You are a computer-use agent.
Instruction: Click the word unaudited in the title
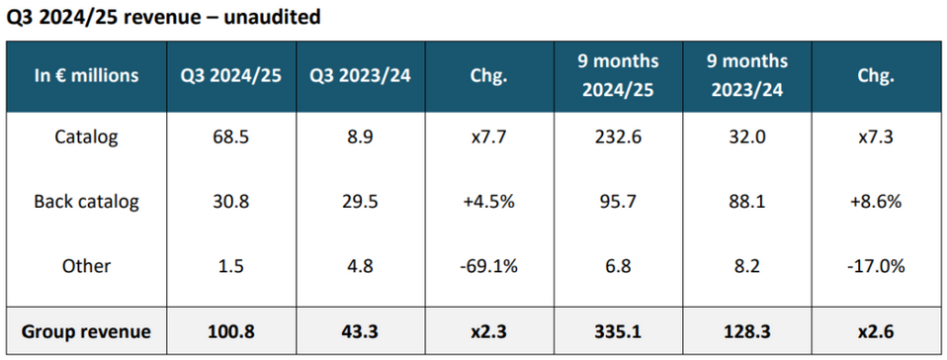[272, 18]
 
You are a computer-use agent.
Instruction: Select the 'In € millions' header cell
[86, 75]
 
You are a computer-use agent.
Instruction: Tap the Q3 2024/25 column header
[232, 75]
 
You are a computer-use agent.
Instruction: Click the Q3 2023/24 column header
[361, 75]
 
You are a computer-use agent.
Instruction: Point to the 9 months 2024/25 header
[619, 75]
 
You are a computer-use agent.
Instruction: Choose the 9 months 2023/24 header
[747, 75]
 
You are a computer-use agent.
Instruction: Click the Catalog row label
[86, 136]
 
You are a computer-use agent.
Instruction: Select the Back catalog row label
[86, 201]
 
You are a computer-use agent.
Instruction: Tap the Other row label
[86, 266]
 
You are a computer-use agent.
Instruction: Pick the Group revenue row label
[86, 331]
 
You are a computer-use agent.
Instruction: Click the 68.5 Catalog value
[232, 136]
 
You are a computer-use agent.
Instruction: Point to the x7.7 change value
[489, 136]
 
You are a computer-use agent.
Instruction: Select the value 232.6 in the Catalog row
[619, 136]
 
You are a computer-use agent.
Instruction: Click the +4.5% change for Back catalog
[489, 201]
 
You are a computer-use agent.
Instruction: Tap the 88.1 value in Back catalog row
[747, 201]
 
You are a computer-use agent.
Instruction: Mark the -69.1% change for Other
[489, 266]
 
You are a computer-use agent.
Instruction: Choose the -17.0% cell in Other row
[877, 266]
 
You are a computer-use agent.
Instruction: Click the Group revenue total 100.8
[232, 331]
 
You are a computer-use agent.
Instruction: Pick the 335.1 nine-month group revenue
[619, 331]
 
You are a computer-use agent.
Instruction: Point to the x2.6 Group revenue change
[877, 331]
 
